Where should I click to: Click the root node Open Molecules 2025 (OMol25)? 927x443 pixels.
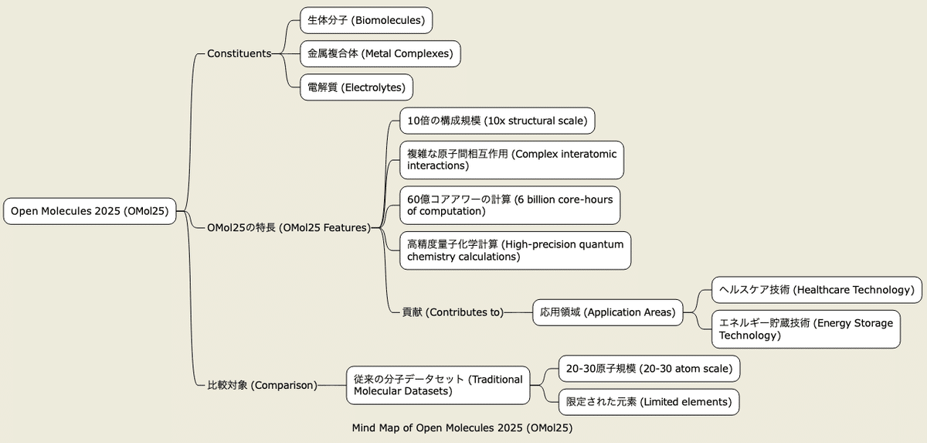[x=90, y=211]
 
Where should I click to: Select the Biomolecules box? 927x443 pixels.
[x=366, y=20]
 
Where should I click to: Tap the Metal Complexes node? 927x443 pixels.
[x=380, y=54]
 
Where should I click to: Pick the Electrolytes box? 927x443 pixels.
[x=356, y=87]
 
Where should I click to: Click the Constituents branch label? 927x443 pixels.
[x=239, y=54]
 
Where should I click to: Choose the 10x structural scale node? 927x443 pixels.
[x=497, y=121]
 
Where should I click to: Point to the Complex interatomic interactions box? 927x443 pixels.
[x=512, y=160]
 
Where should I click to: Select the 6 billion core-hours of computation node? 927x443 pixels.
[x=510, y=206]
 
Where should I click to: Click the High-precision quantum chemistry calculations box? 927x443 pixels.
[x=515, y=250]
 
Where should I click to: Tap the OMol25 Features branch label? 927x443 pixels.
[x=289, y=228]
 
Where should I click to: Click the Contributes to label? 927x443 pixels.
[x=453, y=312]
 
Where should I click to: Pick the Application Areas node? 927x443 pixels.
[x=607, y=312]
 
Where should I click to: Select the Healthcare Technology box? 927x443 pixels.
[x=817, y=290]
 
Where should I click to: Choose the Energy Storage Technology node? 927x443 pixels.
[x=806, y=329]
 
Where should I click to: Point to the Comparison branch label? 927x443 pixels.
[x=263, y=386]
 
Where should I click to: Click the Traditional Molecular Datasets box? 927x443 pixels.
[x=438, y=386]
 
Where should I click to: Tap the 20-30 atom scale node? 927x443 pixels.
[x=650, y=369]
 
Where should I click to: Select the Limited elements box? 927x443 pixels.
[x=649, y=402]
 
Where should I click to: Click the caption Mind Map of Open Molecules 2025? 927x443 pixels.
[x=462, y=428]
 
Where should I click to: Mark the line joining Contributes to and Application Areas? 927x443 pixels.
[x=518, y=312]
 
